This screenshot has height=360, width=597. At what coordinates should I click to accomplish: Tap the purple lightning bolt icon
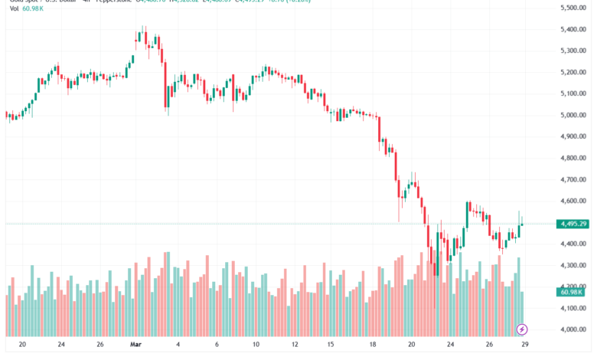(x=522, y=329)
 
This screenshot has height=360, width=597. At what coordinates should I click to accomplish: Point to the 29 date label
(x=523, y=344)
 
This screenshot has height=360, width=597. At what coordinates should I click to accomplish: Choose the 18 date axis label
(x=373, y=344)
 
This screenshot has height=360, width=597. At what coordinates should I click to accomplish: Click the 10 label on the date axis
(x=256, y=344)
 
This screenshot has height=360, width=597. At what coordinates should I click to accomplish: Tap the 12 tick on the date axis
(x=294, y=344)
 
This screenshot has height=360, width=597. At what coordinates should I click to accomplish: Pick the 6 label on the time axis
(x=217, y=344)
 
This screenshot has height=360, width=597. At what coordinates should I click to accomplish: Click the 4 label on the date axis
(x=178, y=344)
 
